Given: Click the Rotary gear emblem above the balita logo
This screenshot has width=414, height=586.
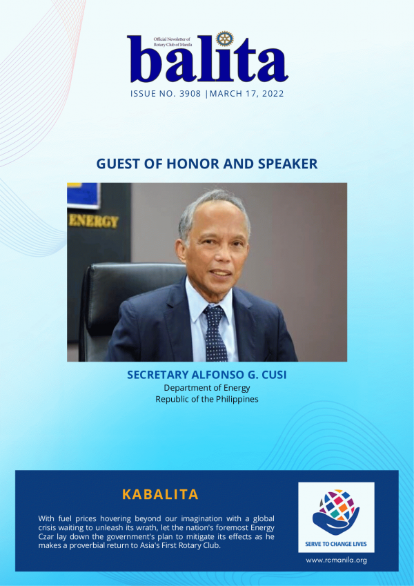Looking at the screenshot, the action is [x=224, y=39].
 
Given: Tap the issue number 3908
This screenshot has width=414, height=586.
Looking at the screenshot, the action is [x=190, y=93].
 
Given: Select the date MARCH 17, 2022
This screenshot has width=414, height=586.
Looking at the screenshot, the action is [x=246, y=93].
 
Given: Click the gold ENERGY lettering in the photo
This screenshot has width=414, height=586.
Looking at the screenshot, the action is [x=93, y=222].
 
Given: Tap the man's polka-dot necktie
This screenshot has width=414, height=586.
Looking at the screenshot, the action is [x=215, y=333].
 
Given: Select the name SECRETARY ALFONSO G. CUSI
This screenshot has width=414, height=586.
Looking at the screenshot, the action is [x=206, y=375].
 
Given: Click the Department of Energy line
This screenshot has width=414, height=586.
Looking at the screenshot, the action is [x=206, y=387].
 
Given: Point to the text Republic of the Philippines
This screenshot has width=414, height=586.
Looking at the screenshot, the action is [x=206, y=399].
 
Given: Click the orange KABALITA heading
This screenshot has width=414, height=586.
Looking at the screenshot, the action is [x=160, y=494].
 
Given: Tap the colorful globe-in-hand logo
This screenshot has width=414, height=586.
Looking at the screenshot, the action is [x=336, y=512].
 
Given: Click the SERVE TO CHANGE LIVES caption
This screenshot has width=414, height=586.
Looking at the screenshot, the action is [x=336, y=544].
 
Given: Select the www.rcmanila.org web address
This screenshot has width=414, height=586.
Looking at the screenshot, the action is [x=336, y=560].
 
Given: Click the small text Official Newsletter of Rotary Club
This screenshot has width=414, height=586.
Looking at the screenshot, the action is [x=172, y=41].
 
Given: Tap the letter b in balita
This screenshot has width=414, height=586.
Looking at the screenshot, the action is [x=146, y=59].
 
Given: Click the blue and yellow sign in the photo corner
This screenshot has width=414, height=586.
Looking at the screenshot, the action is [x=83, y=195].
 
